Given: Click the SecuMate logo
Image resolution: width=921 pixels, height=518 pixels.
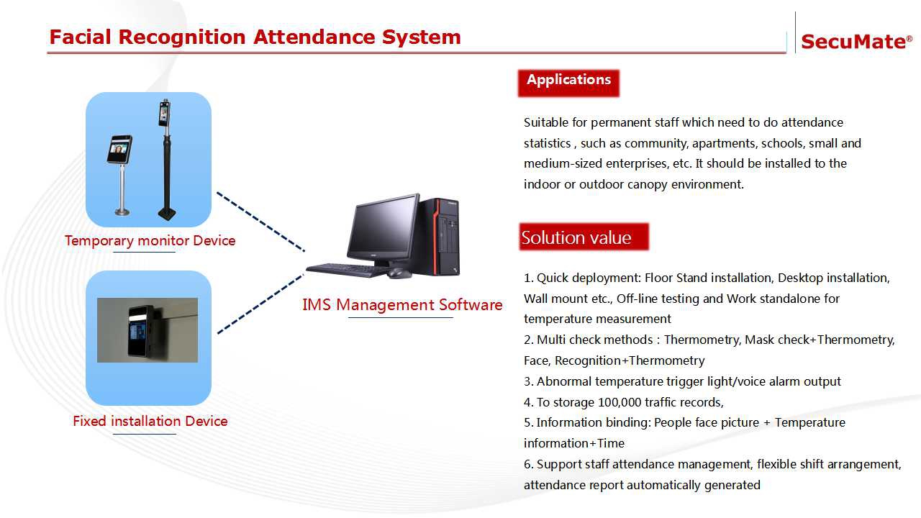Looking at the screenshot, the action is (x=856, y=42).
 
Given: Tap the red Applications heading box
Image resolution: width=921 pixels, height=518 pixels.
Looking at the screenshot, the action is (x=568, y=83).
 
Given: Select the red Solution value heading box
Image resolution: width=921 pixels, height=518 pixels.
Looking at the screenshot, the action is (x=584, y=237).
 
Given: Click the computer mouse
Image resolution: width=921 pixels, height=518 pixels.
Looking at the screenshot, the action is (x=398, y=273).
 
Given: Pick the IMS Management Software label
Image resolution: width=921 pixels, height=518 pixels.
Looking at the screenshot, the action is (x=402, y=304).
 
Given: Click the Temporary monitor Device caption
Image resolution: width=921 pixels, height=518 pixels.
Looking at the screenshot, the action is (x=150, y=240).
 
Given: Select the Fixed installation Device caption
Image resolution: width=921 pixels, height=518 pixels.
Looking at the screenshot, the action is (x=150, y=421).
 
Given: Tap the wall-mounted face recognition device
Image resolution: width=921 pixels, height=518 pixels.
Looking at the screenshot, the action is (x=140, y=330).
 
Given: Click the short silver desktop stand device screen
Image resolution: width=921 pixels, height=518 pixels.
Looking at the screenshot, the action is (x=119, y=149).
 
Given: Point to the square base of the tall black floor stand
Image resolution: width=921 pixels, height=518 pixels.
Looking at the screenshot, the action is (x=167, y=214).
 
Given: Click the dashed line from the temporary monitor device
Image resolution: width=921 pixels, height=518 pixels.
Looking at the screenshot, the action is (x=260, y=222).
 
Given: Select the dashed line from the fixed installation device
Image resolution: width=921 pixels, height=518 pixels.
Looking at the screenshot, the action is (x=260, y=304).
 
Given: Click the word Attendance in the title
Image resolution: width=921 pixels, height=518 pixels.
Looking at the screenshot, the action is (x=314, y=37).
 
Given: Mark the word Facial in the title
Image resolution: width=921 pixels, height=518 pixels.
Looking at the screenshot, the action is (x=80, y=37).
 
